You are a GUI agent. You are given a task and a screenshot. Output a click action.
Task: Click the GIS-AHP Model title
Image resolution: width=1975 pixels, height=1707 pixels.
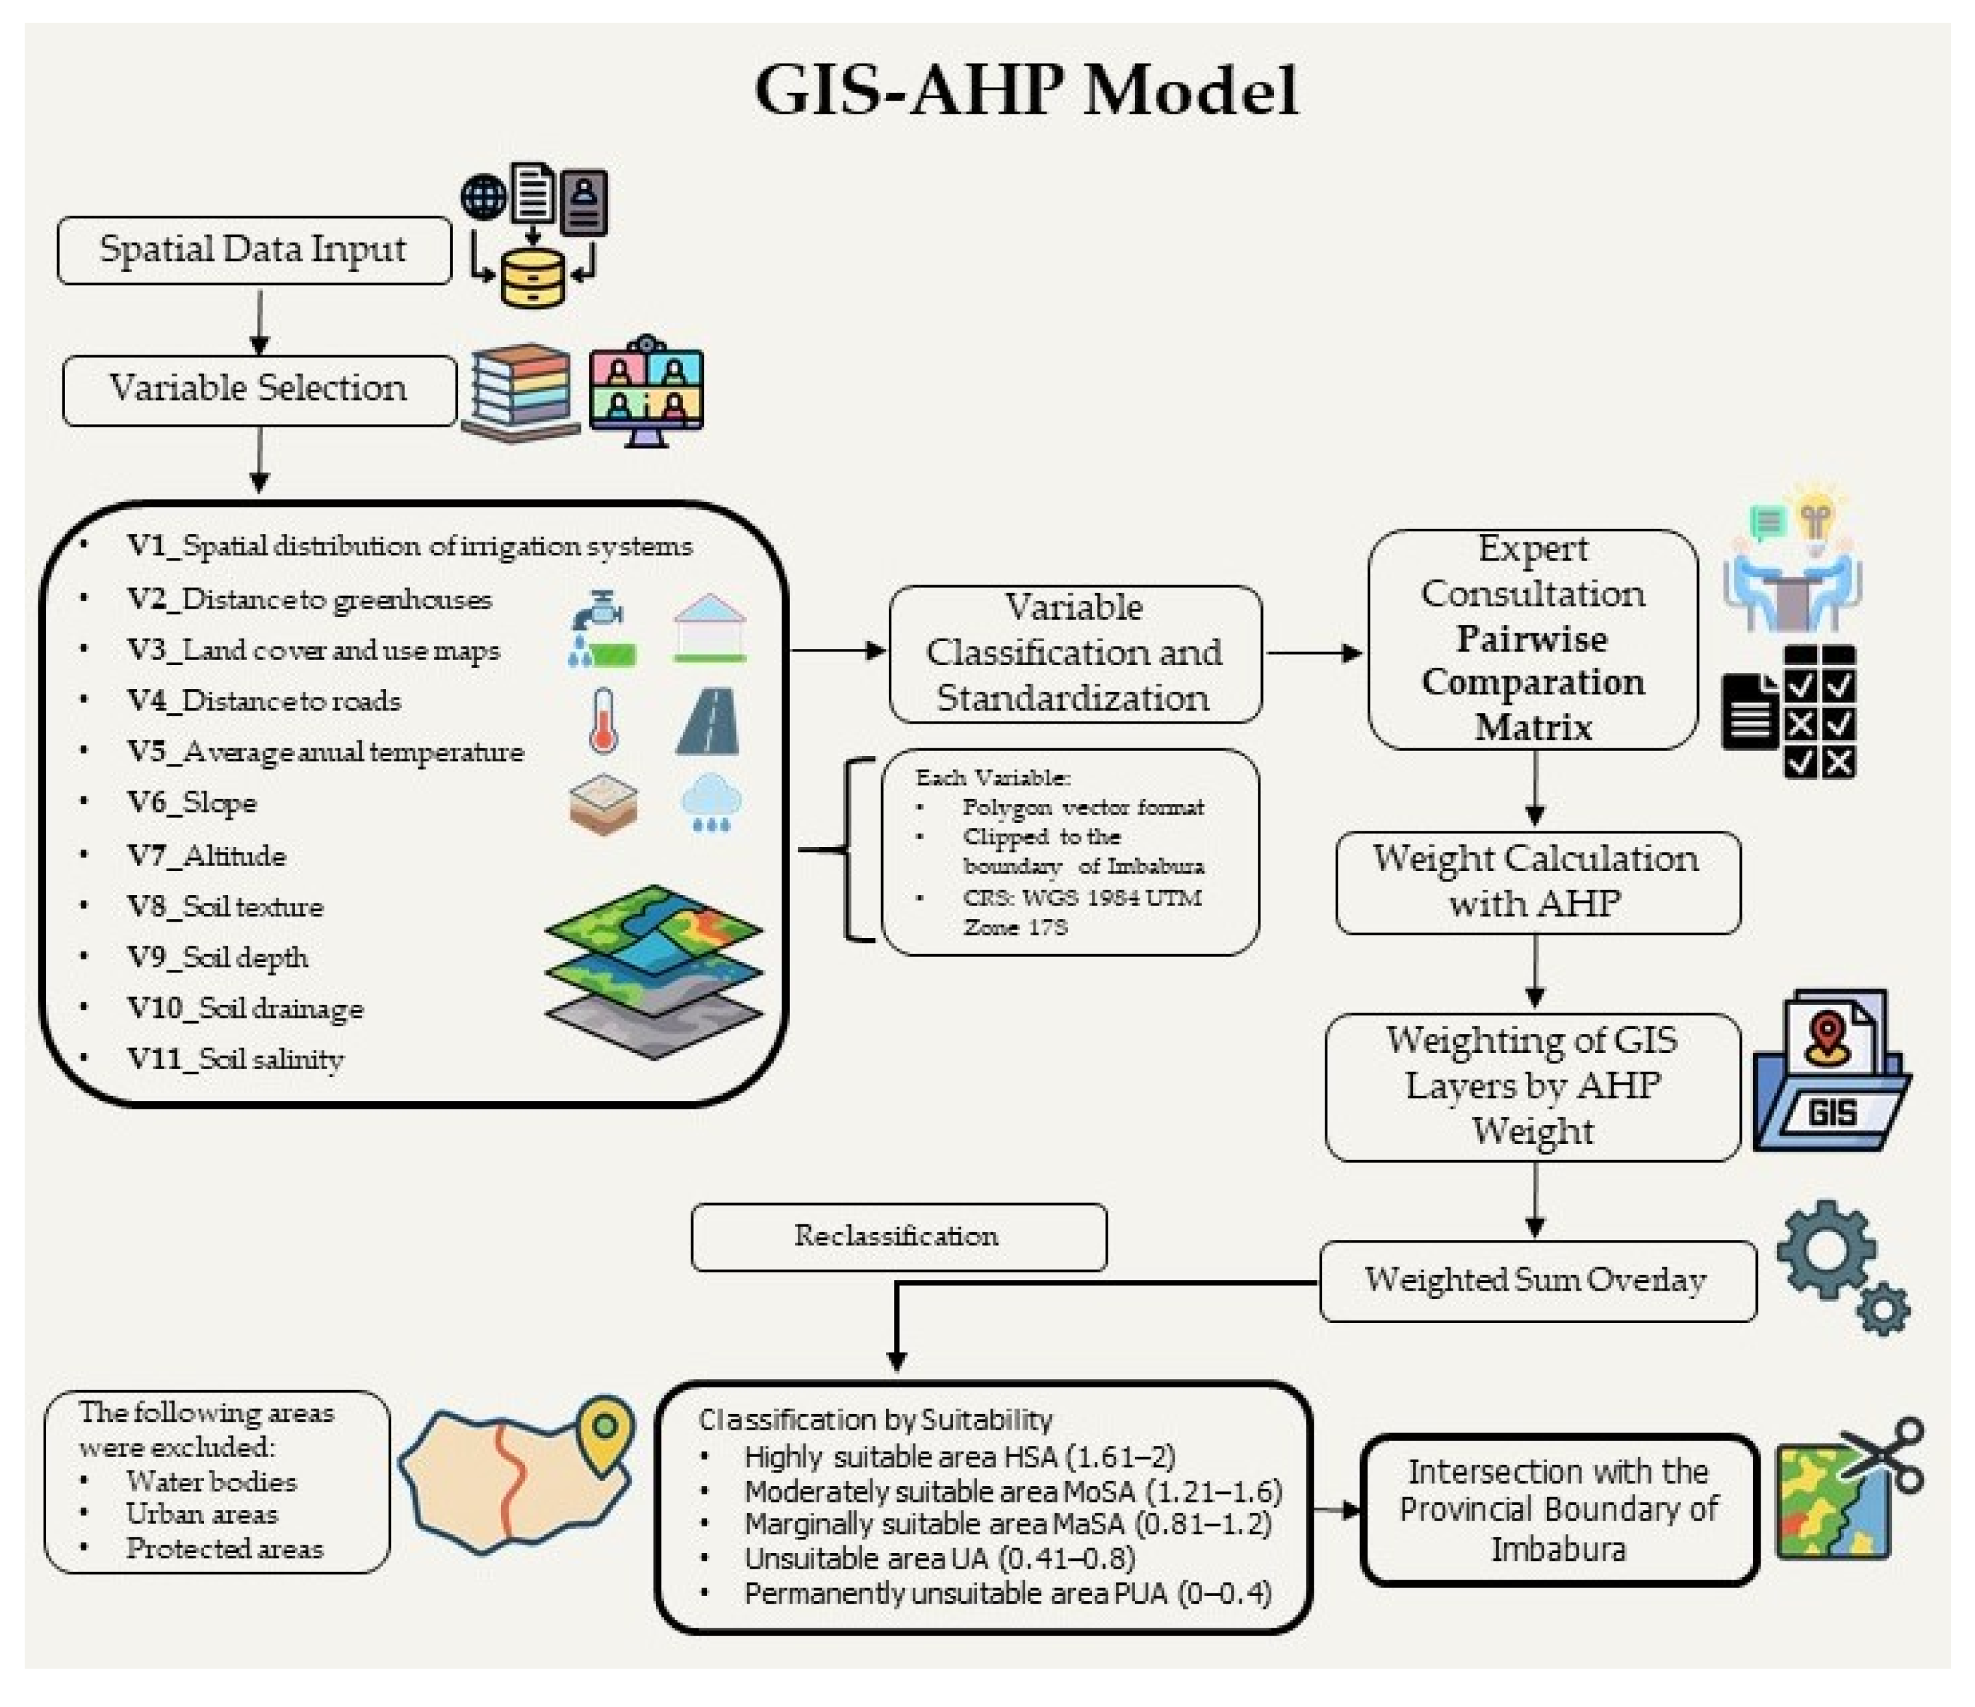1026,90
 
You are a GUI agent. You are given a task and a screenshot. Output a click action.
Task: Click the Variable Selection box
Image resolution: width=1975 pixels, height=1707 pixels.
259,389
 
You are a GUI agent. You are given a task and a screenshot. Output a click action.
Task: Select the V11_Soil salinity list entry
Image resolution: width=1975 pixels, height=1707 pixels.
235,1059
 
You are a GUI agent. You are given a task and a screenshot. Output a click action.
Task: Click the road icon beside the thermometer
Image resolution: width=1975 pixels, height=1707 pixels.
708,722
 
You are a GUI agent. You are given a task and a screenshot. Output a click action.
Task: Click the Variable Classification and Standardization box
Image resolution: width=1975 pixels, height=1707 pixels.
1075,654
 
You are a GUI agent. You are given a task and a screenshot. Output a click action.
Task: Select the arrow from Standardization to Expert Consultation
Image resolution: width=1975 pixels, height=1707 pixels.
1314,654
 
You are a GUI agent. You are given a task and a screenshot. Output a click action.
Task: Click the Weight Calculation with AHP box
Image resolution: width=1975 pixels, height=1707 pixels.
1536,881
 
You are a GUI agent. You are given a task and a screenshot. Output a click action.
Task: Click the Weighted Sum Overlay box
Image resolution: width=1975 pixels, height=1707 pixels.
1536,1280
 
